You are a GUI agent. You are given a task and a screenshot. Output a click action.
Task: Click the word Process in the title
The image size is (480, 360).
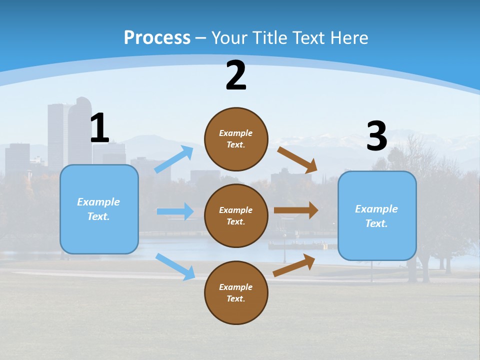pyautogui.click(x=157, y=37)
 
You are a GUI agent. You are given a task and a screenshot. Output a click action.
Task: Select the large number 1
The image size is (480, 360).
pyautogui.click(x=99, y=128)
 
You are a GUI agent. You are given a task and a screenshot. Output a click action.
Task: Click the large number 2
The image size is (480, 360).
pyautogui.click(x=236, y=76)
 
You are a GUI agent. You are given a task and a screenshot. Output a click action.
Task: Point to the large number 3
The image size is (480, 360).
pyautogui.click(x=376, y=136)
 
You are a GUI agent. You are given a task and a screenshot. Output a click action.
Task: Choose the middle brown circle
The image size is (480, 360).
pyautogui.click(x=236, y=215)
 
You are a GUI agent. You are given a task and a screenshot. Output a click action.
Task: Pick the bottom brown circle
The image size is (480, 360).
pyautogui.click(x=236, y=292)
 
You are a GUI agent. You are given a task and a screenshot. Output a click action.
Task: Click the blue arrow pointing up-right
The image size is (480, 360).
pyautogui.click(x=174, y=159)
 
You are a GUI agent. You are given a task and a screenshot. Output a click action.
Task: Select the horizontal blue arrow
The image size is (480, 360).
pyautogui.click(x=175, y=211)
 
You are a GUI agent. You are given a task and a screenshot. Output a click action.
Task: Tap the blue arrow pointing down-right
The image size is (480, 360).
pyautogui.click(x=175, y=266)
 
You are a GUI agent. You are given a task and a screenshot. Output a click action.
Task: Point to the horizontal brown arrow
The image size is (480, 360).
pyautogui.click(x=295, y=210)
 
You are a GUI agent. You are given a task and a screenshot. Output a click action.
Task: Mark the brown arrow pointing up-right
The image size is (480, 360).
pyautogui.click(x=294, y=265)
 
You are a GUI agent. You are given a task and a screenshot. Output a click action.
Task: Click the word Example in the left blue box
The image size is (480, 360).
pyautogui.click(x=98, y=202)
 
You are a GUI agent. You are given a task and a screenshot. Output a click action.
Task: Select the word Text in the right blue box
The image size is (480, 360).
pyautogui.click(x=376, y=223)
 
